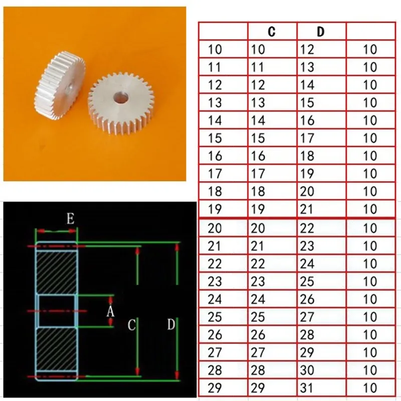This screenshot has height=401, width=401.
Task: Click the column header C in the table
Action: [x=272, y=32]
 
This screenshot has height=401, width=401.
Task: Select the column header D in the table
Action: [x=320, y=32]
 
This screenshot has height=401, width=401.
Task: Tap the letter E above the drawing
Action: [x=71, y=219]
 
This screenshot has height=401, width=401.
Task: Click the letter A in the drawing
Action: [x=110, y=311]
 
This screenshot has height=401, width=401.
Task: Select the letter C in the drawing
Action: [x=131, y=325]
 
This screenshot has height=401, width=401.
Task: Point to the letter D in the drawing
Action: [x=171, y=324]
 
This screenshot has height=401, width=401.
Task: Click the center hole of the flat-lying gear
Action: [x=120, y=98]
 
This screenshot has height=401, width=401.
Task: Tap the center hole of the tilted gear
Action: [x=69, y=90]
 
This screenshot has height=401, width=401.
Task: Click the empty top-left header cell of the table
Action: [x=223, y=31]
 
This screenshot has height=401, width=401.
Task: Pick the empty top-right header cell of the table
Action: [x=371, y=31]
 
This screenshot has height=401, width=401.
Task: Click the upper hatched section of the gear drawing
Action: [x=57, y=272]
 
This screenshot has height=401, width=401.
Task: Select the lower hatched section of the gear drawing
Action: [x=57, y=349]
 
